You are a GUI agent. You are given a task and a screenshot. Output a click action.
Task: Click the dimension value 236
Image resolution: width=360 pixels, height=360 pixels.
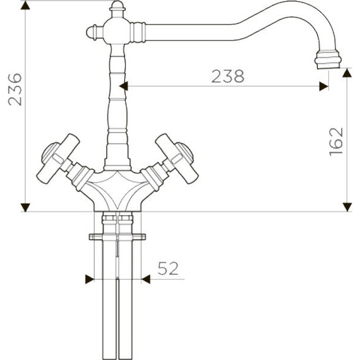tap(14, 90)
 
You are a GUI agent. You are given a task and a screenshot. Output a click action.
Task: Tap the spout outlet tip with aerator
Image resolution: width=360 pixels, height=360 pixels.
tap(328, 60)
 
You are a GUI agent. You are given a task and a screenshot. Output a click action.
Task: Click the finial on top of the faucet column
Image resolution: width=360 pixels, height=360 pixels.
tap(116, 9)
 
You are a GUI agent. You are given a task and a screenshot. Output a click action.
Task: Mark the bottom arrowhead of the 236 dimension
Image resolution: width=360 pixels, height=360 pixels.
tap(25, 207)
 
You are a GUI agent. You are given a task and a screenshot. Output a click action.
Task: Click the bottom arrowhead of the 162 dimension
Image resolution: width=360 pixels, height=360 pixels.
tap(347, 206)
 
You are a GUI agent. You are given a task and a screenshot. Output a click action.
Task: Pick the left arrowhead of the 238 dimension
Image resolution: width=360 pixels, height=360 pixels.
tap(124, 85)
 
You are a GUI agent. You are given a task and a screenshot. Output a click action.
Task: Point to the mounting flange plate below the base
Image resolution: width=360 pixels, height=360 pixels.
tap(117, 237)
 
